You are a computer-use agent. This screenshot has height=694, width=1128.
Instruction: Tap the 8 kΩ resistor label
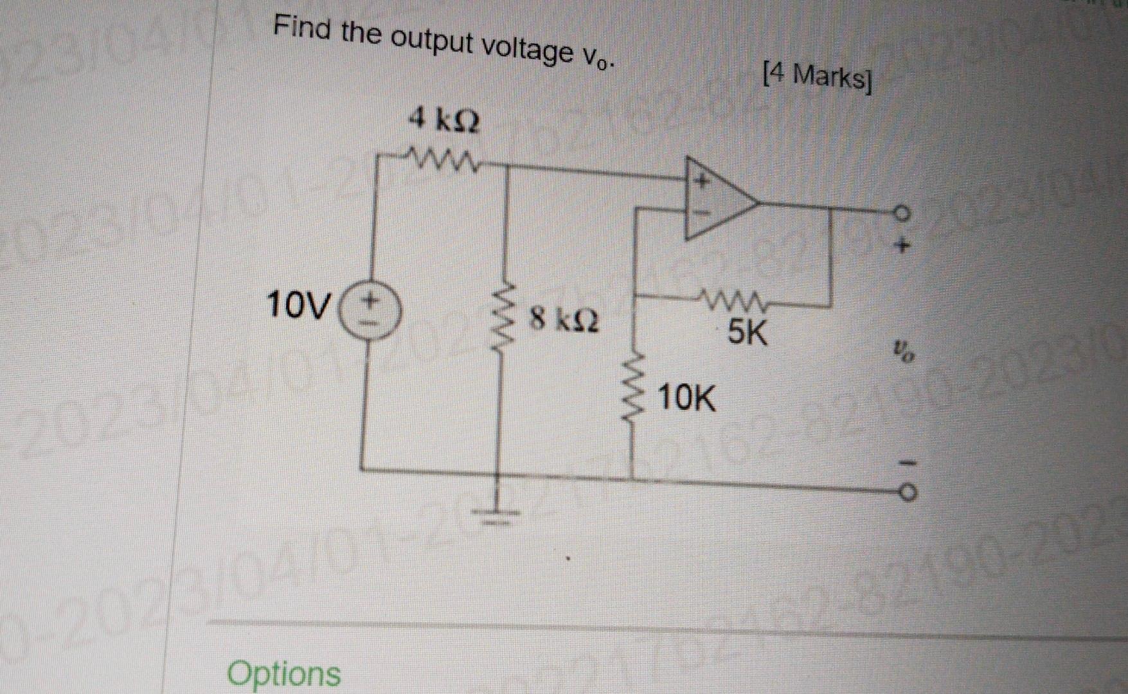tap(564, 320)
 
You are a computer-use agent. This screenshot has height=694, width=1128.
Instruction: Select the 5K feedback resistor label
tap(747, 333)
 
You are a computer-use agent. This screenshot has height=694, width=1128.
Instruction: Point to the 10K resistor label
tap(687, 399)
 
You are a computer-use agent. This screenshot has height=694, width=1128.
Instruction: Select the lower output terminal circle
tap(905, 493)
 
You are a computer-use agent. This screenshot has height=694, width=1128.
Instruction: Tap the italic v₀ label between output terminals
tap(903, 352)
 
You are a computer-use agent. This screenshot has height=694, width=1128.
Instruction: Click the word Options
tap(284, 673)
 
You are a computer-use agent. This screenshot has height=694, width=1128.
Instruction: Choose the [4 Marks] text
tap(817, 78)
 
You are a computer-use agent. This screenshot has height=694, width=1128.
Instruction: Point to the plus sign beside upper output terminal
tap(904, 245)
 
